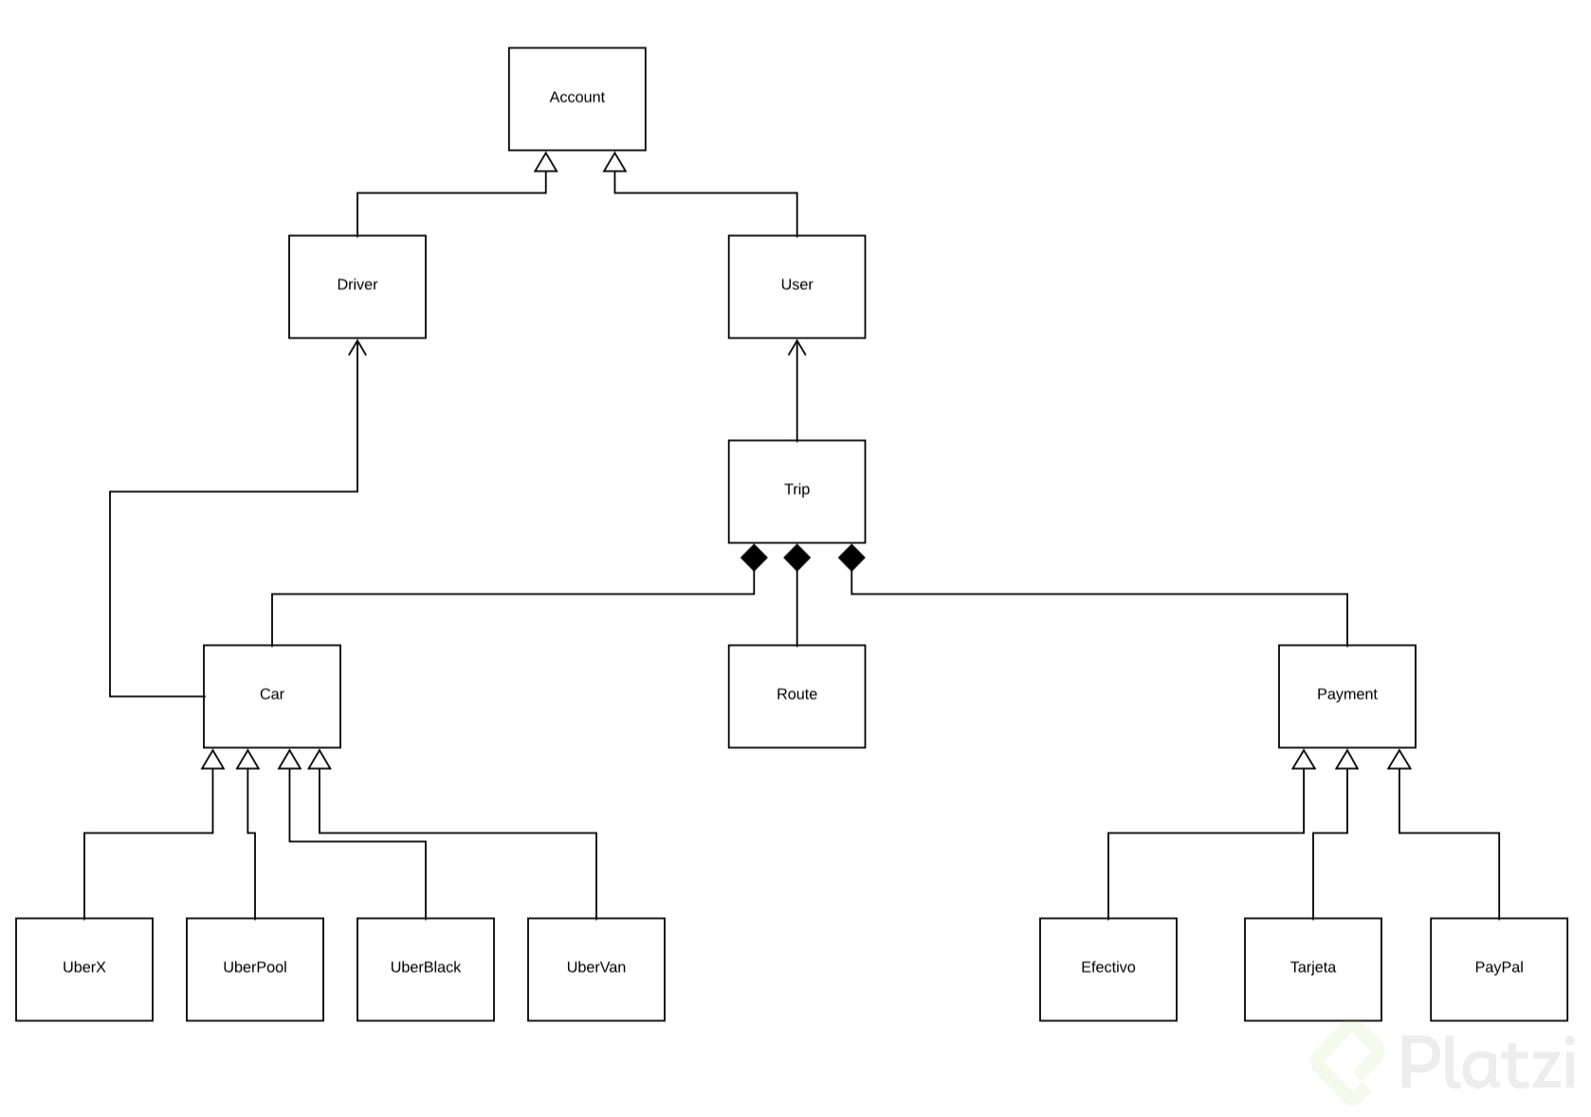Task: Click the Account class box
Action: point(576,99)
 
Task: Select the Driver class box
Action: point(357,286)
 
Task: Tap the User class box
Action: point(796,286)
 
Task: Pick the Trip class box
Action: point(796,491)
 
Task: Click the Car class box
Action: point(272,696)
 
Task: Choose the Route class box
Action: point(796,696)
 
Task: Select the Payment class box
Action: point(1346,696)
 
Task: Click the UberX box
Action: point(84,969)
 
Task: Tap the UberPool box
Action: point(255,969)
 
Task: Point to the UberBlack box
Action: point(426,969)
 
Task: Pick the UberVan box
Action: point(596,969)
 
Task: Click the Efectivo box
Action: point(1107,969)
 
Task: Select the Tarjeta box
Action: point(1312,969)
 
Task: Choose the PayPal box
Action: point(1498,969)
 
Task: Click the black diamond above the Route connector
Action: point(796,558)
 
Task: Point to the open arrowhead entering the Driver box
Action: point(357,348)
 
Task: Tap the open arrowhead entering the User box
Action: point(796,348)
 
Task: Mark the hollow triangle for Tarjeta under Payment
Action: point(1346,760)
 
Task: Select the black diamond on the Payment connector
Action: point(851,558)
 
